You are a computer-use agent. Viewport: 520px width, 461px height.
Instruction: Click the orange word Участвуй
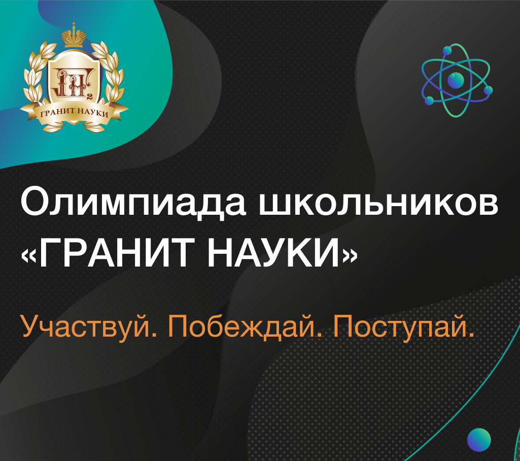(89, 327)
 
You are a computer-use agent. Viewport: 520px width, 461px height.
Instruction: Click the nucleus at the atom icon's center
(456, 80)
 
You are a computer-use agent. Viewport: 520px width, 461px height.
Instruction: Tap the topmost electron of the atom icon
(447, 50)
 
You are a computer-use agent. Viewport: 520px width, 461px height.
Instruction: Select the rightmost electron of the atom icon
(488, 90)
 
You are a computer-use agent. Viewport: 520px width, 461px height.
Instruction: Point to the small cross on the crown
(74, 24)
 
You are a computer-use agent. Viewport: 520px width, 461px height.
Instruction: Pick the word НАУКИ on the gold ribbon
(93, 113)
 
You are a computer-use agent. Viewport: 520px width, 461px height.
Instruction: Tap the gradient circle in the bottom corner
(479, 440)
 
